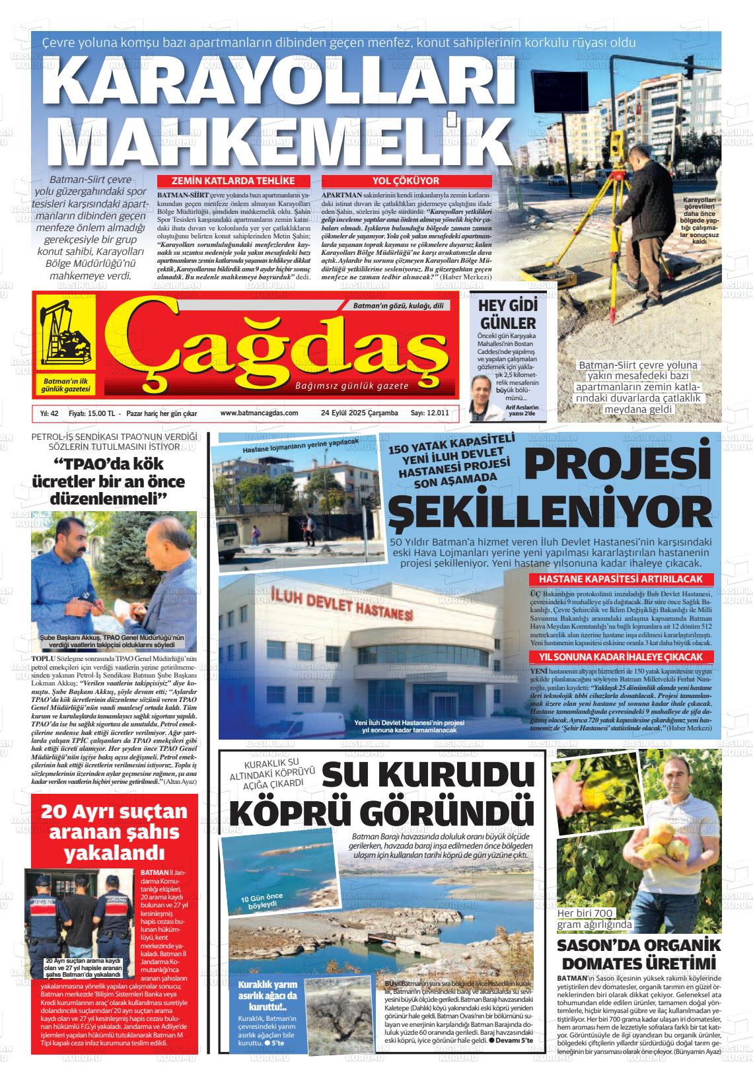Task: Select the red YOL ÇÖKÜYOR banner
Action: click(406, 181)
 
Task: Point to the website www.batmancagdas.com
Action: click(259, 413)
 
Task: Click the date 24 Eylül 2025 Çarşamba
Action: click(359, 413)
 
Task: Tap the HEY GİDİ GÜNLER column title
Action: click(507, 314)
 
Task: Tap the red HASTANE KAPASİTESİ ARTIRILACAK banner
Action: click(622, 580)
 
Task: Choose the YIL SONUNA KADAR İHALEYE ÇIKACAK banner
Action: click(622, 657)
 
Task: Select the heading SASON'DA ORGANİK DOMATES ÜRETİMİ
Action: click(638, 953)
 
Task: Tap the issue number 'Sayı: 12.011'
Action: click(430, 413)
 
